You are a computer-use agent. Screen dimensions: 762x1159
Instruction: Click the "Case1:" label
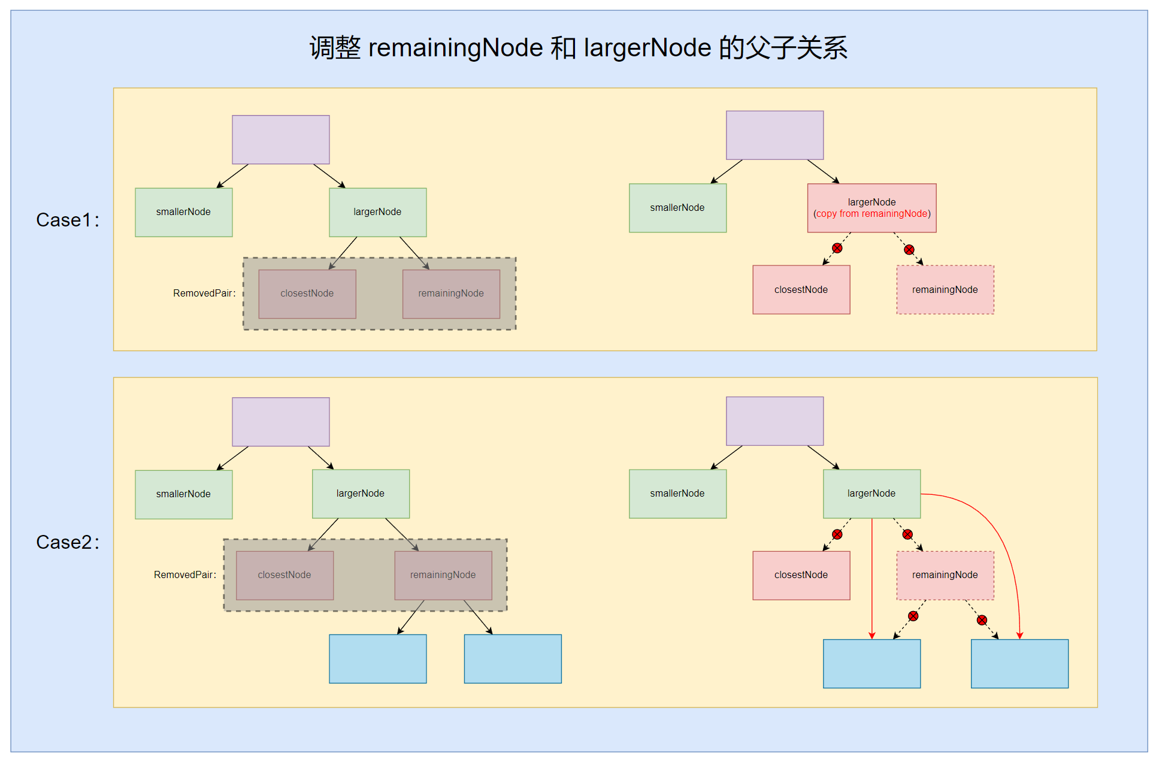pos(67,220)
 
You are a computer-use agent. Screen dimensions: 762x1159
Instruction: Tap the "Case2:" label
pos(67,542)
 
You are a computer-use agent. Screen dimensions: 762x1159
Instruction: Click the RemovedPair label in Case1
pos(204,293)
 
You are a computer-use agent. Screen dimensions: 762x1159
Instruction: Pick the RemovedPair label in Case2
pos(185,574)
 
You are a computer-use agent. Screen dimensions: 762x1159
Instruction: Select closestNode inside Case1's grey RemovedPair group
pos(307,294)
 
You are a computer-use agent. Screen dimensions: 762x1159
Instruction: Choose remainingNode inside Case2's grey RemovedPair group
pos(443,575)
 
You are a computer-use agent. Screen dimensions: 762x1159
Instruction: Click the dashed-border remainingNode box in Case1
pos(945,290)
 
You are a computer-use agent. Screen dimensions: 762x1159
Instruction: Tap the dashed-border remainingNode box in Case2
pos(945,575)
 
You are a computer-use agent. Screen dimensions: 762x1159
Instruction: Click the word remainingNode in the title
pos(455,48)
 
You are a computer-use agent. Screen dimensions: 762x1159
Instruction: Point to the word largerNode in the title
pos(647,48)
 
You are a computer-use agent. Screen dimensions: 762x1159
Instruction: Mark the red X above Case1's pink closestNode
pos(837,248)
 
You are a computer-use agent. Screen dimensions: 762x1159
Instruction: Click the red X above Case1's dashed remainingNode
pos(909,250)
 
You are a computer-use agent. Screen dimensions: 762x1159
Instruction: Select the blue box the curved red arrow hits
pos(1019,664)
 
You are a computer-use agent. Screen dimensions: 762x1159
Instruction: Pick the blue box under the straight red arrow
pos(871,664)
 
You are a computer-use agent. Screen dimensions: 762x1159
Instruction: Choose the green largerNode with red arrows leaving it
pos(871,494)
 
